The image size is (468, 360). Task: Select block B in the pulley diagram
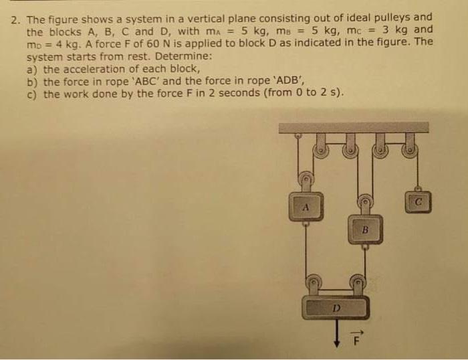pyautogui.click(x=365, y=230)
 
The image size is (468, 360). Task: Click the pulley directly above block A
pyautogui.click(x=307, y=179)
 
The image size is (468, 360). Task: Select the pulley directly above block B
pyautogui.click(x=365, y=200)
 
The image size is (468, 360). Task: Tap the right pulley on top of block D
pyautogui.click(x=358, y=283)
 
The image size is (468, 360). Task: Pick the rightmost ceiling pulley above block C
pyautogui.click(x=409, y=150)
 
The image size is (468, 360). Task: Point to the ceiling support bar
pyautogui.click(x=354, y=127)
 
